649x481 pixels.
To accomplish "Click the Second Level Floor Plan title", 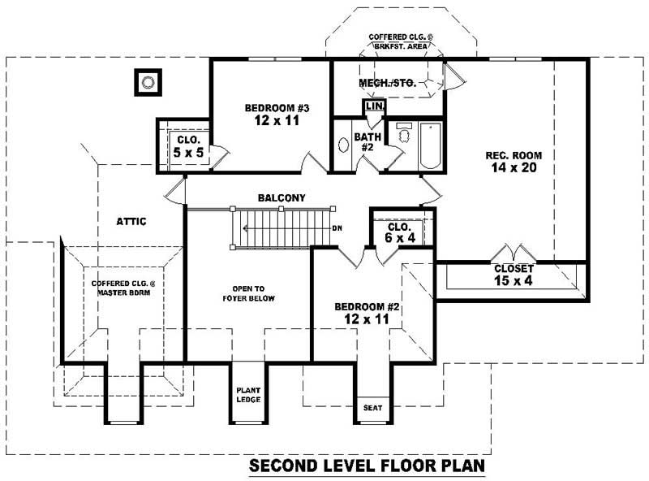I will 366,466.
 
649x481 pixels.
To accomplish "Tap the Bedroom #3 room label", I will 277,108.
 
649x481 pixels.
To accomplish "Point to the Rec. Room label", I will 514,155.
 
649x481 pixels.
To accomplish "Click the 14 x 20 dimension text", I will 514,168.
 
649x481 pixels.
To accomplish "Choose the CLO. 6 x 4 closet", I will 400,232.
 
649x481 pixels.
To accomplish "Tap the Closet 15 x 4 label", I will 514,275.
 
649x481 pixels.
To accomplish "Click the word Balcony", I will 282,197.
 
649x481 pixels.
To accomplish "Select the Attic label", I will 131,220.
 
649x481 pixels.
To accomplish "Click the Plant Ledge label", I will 247,393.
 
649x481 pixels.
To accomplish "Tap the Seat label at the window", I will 372,408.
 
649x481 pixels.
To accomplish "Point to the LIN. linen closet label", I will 374,106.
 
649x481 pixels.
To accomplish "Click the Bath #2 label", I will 363,142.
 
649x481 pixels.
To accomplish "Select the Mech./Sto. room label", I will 387,83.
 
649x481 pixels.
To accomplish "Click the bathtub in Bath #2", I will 429,145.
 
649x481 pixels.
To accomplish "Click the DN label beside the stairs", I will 337,228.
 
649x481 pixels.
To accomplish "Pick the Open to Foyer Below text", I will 248,293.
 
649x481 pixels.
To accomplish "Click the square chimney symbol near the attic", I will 147,81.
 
